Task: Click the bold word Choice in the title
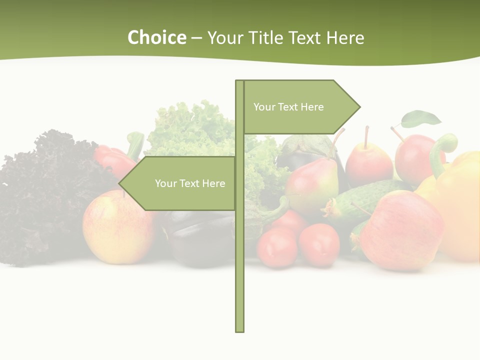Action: pyautogui.click(x=156, y=38)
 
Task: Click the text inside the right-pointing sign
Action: pyautogui.click(x=288, y=107)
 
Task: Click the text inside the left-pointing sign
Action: pyautogui.click(x=190, y=183)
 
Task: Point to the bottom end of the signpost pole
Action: pyautogui.click(x=240, y=329)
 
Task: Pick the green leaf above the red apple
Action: pyautogui.click(x=421, y=119)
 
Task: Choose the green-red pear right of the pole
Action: pyautogui.click(x=312, y=185)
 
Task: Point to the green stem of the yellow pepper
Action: pyautogui.click(x=442, y=150)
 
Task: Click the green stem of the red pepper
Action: pyautogui.click(x=135, y=143)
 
